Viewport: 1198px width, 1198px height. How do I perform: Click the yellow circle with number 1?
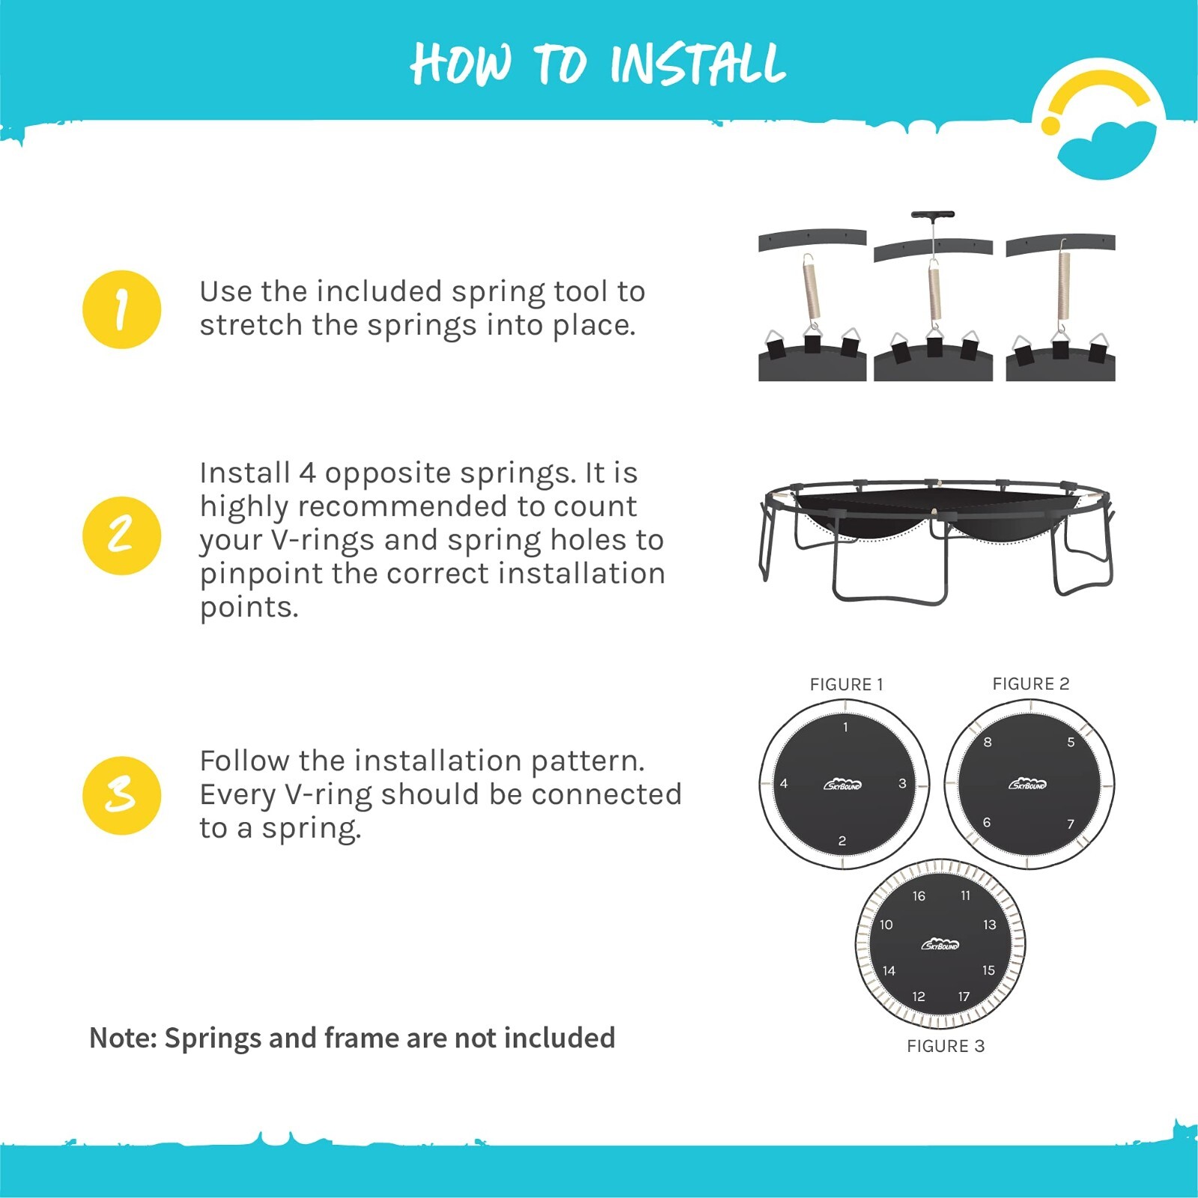click(121, 309)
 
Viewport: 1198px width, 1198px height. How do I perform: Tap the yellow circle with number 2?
click(121, 535)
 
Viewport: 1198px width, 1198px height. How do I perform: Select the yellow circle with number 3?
click(121, 795)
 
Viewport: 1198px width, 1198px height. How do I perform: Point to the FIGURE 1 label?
click(846, 684)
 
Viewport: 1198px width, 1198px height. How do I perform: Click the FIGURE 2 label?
click(1030, 684)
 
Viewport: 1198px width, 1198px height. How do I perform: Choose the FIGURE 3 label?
click(945, 1046)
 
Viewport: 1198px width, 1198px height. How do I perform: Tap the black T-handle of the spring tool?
click(932, 215)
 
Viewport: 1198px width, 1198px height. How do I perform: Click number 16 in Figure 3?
click(919, 896)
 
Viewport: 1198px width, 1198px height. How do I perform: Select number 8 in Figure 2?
click(988, 742)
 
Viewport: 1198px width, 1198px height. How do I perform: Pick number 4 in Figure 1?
click(783, 783)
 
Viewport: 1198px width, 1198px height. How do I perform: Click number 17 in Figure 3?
click(964, 997)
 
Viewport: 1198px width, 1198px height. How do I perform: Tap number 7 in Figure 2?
click(1070, 824)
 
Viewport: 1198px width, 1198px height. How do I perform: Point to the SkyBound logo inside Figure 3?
click(940, 944)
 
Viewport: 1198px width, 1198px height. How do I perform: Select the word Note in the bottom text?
click(123, 1038)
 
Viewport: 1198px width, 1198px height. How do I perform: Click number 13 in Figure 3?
click(989, 925)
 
